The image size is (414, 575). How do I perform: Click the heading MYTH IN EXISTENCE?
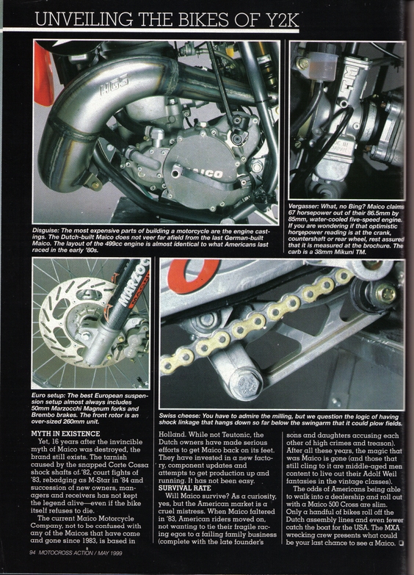pos(65,434)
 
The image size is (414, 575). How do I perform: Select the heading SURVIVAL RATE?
pos(185,488)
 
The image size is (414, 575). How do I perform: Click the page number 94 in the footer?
pos(32,553)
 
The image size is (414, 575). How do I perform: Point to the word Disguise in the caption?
pos(45,231)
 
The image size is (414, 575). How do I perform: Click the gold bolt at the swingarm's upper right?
pos(385,293)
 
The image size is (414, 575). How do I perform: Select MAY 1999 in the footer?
pos(109,553)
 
